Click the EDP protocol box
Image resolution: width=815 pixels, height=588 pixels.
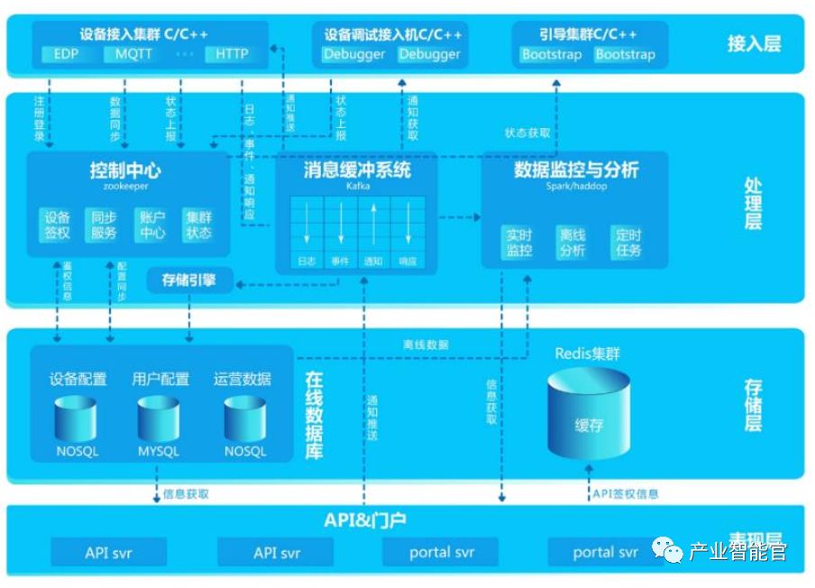67,54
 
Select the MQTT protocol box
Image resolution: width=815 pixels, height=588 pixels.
135,54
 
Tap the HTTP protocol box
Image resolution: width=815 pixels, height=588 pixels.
232,54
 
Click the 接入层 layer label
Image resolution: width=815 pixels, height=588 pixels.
754,42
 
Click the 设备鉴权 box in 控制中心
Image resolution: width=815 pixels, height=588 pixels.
58,225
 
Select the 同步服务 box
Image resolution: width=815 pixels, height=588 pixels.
105,225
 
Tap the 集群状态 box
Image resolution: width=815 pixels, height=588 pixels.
198,225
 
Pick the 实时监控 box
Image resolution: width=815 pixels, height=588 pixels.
519,243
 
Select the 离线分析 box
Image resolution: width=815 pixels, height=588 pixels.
572,243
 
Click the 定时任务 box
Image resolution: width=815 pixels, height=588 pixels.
627,243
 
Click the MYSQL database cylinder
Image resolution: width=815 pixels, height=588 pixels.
159,424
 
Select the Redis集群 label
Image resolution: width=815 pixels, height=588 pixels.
588,354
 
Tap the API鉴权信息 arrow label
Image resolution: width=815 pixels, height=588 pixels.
625,493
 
